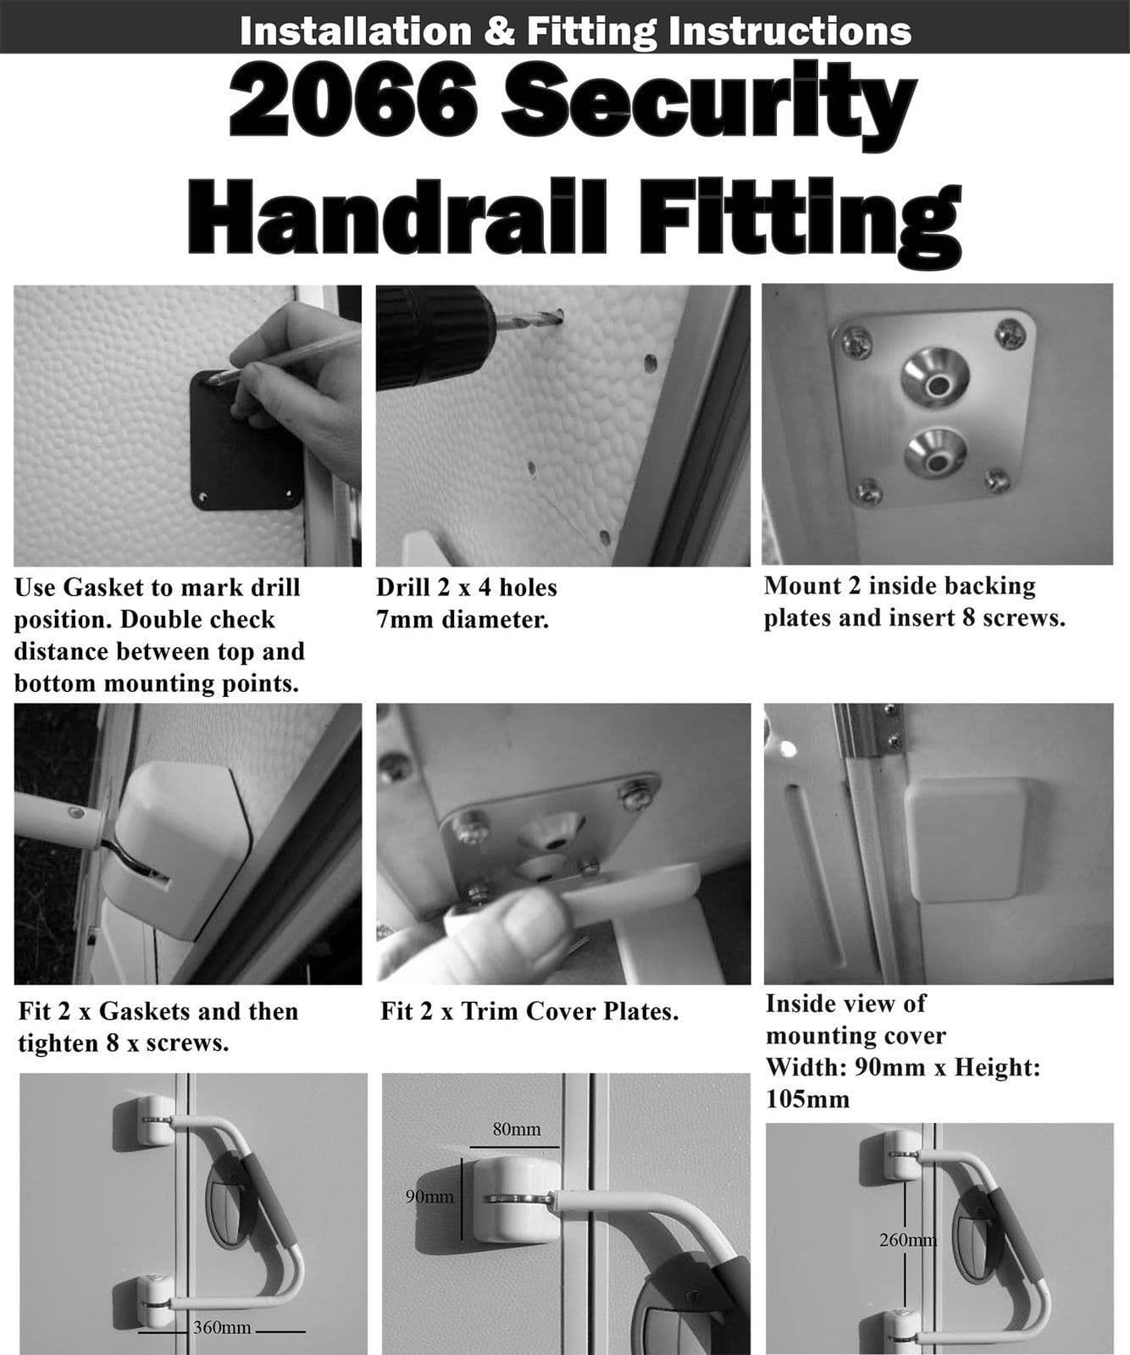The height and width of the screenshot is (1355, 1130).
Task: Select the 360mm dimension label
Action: click(x=222, y=1327)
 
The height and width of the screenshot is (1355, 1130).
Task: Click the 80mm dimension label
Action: click(x=516, y=1130)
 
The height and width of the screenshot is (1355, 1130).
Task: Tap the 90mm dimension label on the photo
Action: click(x=429, y=1197)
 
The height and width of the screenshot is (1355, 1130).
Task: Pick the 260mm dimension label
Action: click(x=907, y=1240)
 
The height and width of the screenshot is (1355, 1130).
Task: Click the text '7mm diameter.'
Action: click(x=463, y=619)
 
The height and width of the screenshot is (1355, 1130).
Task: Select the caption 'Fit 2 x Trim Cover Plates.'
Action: click(x=529, y=1011)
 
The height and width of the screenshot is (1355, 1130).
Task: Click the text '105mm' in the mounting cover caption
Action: click(x=807, y=1099)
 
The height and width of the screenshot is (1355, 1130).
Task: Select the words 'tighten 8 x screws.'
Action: click(x=123, y=1043)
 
